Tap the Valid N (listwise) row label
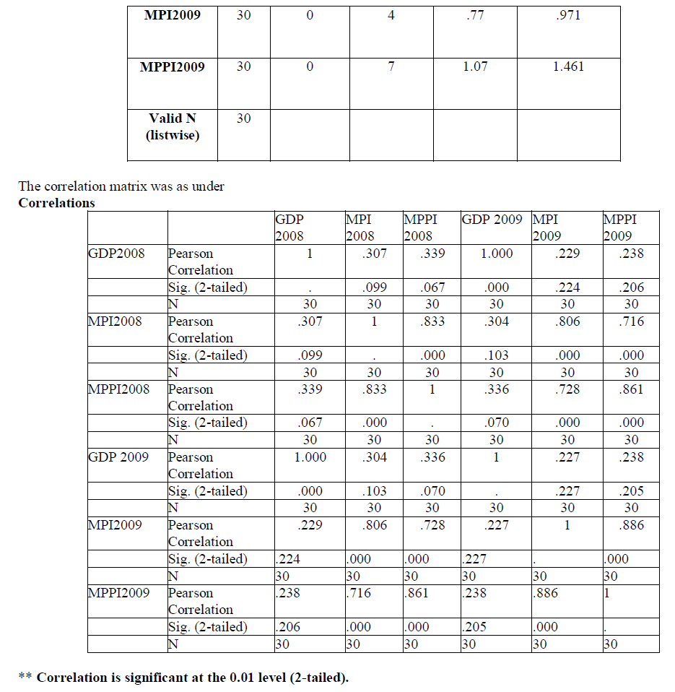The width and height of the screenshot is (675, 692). tap(173, 126)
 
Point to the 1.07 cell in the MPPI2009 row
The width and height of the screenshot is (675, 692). tap(475, 66)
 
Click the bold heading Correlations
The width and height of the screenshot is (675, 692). tap(56, 203)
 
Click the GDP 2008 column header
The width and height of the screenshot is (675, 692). tap(289, 228)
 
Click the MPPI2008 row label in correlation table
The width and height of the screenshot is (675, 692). tap(118, 389)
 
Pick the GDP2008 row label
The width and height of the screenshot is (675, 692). tap(116, 253)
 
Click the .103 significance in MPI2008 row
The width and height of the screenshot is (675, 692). tap(496, 355)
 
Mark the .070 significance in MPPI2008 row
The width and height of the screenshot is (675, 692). tap(496, 423)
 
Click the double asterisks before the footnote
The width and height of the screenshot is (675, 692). tap(25, 678)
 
